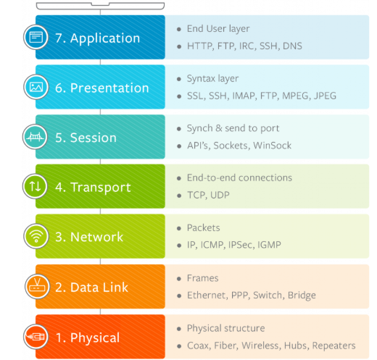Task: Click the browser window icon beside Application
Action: coord(36,37)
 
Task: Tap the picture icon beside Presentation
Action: coord(36,87)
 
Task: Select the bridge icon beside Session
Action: coord(35,137)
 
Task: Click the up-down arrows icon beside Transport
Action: coord(35,186)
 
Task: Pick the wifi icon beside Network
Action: coord(36,236)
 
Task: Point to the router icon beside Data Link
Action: coord(37,286)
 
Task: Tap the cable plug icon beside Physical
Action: coord(36,337)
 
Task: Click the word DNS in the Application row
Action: coord(292,46)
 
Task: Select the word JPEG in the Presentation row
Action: coord(325,96)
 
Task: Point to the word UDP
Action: coord(220,195)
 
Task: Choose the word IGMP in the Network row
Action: coord(269,245)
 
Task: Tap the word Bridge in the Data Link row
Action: coord(302,296)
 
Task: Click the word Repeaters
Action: coord(333,346)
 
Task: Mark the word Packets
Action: coord(204,227)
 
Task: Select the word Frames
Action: coord(203,278)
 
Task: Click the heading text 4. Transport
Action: coord(93,188)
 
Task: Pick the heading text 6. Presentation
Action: coord(102,88)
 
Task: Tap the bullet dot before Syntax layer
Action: coord(179,79)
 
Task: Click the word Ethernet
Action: coord(207,296)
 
